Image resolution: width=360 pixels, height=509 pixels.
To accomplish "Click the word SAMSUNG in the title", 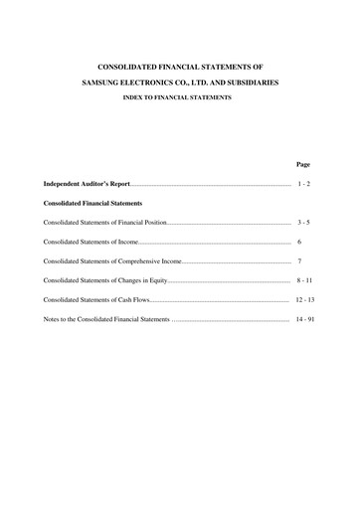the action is coord(103,84).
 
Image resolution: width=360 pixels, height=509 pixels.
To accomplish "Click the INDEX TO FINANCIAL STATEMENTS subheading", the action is coord(179,98).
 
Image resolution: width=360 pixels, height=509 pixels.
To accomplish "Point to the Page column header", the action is coord(303,164).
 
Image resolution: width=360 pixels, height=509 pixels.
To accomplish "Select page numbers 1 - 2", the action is coord(303,185).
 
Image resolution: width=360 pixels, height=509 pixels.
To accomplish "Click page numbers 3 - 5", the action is coord(303,223).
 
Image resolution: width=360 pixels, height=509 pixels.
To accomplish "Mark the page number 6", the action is coord(299,242).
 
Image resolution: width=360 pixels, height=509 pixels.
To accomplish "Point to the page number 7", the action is coord(299,261).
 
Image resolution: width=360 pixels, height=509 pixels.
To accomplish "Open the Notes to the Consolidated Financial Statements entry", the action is coord(107,320).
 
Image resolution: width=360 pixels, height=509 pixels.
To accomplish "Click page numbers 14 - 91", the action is coord(304,320).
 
